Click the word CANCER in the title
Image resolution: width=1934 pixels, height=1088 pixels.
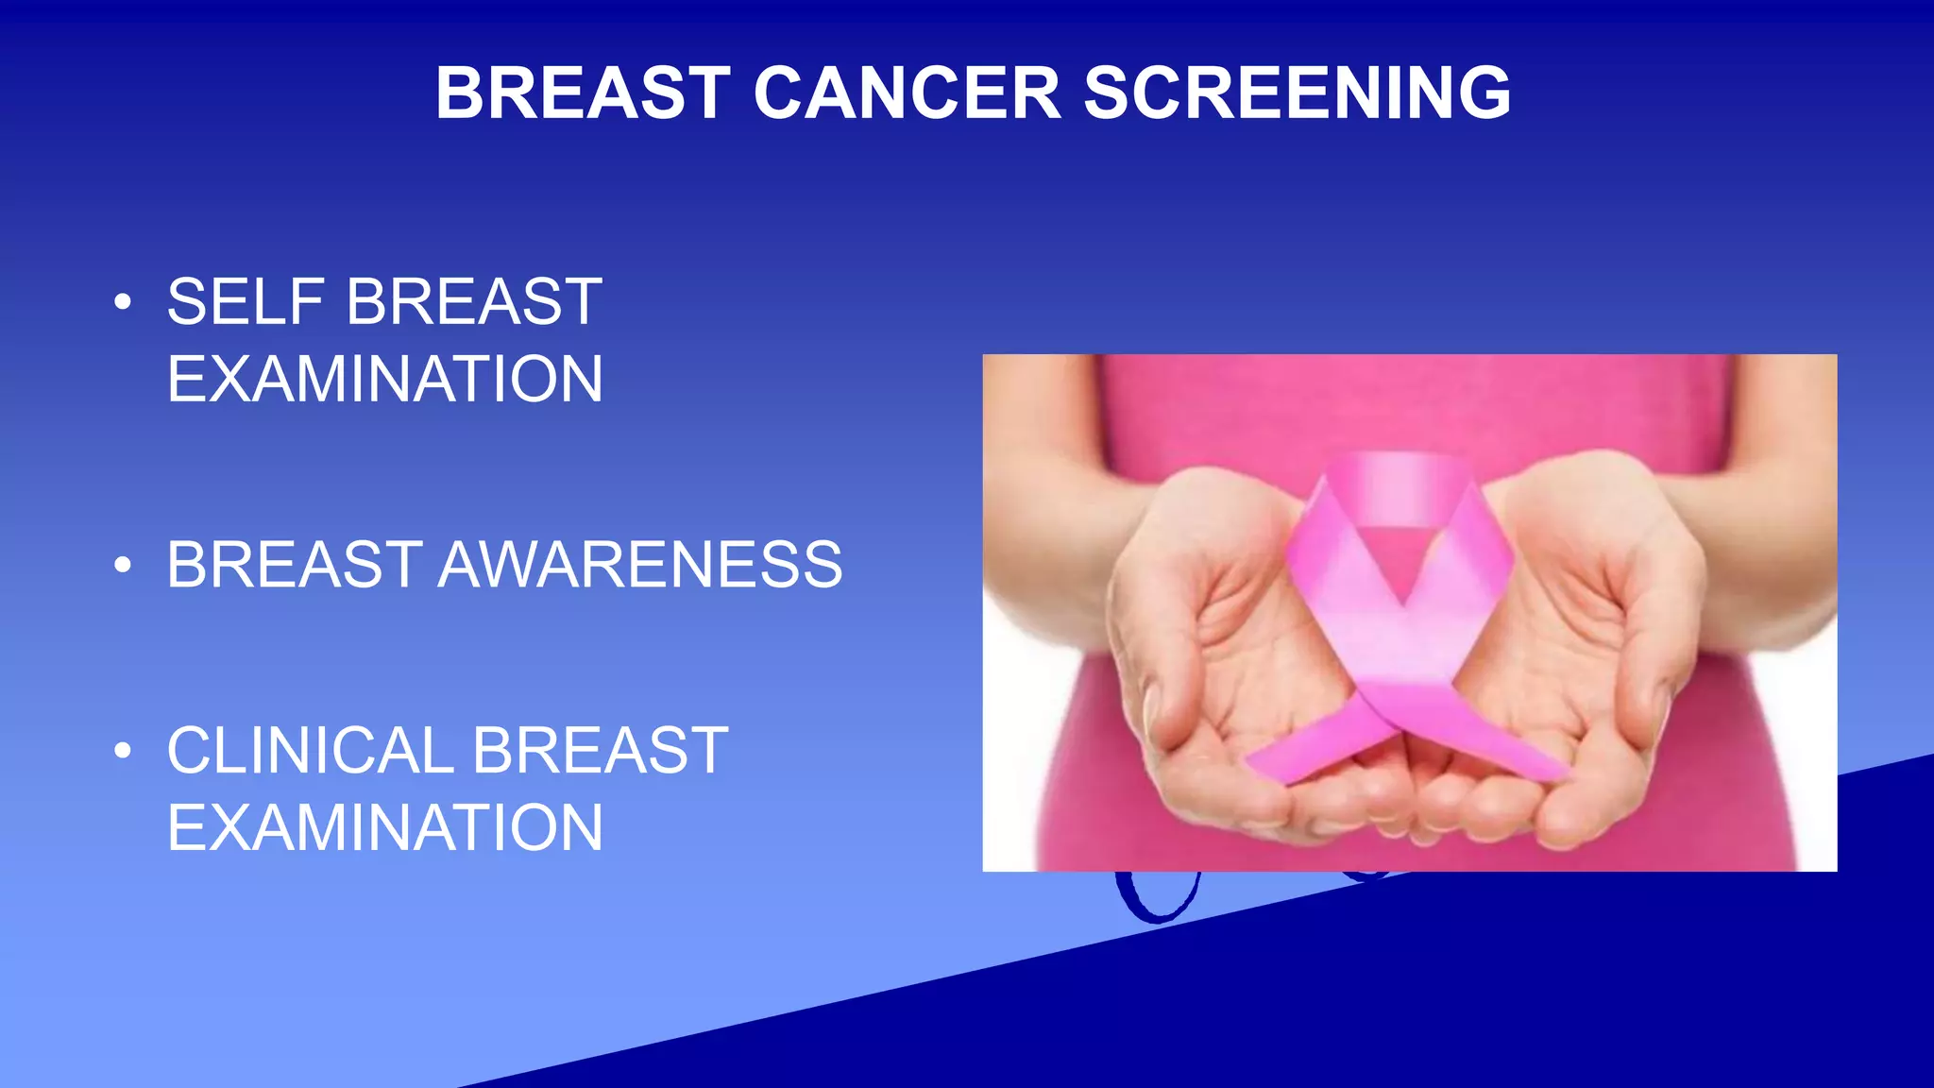[908, 93]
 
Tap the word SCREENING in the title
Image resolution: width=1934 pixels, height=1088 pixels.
[1297, 93]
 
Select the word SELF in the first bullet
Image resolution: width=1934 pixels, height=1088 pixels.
[246, 302]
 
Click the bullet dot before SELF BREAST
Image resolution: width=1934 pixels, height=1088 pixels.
[122, 302]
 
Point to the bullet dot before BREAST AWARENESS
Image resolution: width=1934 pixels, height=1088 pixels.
[122, 565]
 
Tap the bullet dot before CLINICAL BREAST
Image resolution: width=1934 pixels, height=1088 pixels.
[122, 751]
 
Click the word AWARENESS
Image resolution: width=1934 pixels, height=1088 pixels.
[639, 565]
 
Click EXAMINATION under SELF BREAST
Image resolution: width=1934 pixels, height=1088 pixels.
[384, 380]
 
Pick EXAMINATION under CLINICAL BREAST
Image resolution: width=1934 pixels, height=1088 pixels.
[384, 828]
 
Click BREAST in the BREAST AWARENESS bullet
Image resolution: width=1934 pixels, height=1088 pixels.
[294, 565]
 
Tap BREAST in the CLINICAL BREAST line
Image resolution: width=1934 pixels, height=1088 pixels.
[600, 751]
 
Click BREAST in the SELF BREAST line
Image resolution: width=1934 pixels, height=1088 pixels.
[474, 302]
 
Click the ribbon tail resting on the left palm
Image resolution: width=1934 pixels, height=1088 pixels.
[1308, 746]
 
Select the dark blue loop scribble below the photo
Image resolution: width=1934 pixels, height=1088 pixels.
[1157, 897]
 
